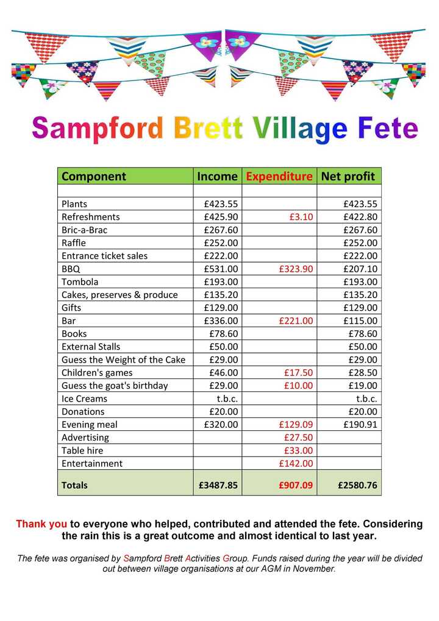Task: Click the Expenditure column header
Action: tap(279, 176)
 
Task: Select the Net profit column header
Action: tap(349, 176)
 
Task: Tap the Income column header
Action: tap(217, 176)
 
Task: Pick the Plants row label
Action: tap(74, 204)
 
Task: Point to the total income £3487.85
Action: tap(218, 486)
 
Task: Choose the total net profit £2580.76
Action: tap(357, 486)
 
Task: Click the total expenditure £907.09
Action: tap(296, 486)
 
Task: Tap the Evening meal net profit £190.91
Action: tap(360, 425)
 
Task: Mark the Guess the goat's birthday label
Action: tap(115, 386)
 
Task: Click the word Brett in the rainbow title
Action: tap(208, 129)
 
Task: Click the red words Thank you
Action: tap(41, 524)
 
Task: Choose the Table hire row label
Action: tap(82, 451)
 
